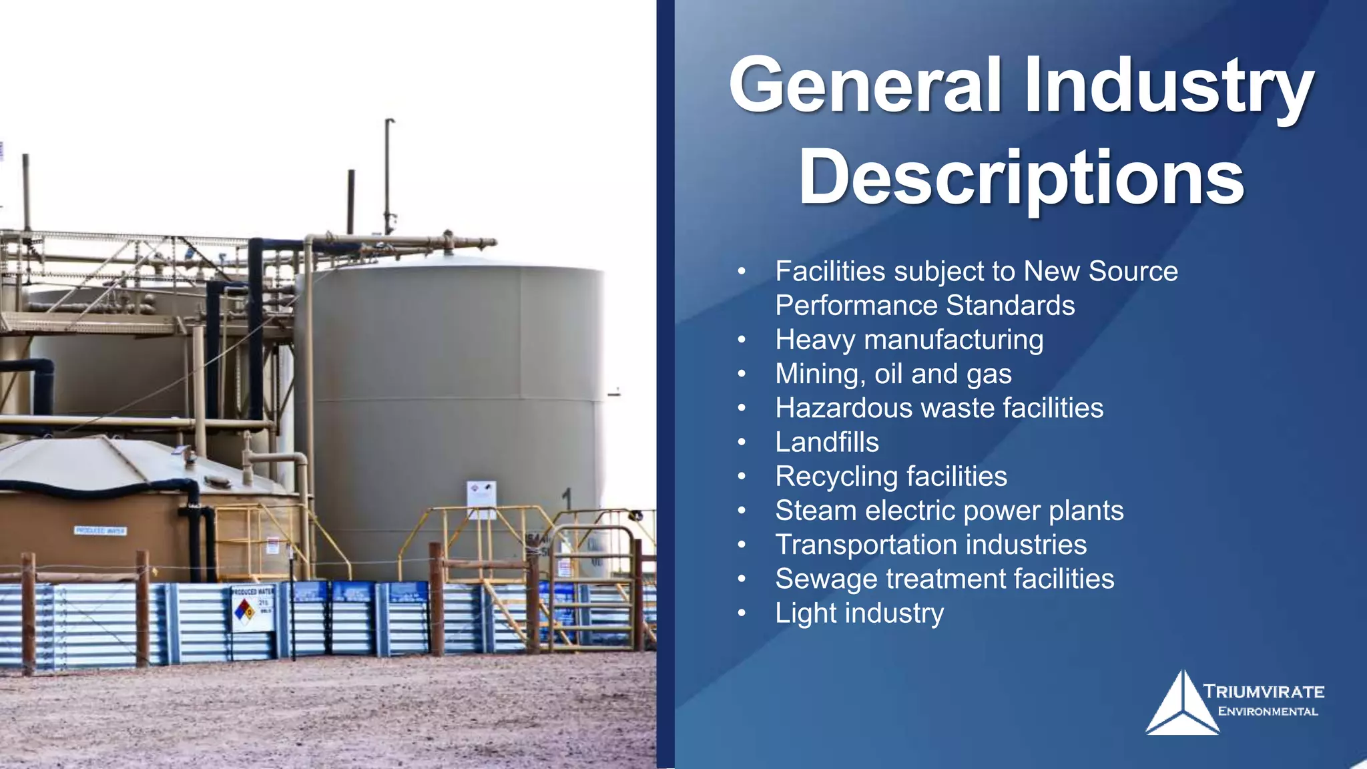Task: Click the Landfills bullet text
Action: click(x=827, y=442)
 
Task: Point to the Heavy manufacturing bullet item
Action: click(x=909, y=340)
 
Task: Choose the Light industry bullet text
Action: click(x=859, y=613)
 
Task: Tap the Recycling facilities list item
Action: click(x=891, y=477)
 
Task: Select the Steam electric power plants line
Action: click(x=949, y=511)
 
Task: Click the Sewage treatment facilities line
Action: click(x=944, y=579)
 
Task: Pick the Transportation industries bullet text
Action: click(x=930, y=545)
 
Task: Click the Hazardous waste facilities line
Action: click(x=939, y=408)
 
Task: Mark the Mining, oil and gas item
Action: click(x=893, y=374)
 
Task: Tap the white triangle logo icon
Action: click(x=1182, y=706)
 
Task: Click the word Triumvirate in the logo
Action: click(x=1264, y=692)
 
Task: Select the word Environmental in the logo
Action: click(x=1268, y=712)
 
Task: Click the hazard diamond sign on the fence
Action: click(x=245, y=609)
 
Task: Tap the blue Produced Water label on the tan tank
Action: click(x=100, y=531)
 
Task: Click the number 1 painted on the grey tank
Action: click(x=567, y=499)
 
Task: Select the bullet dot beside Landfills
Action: click(x=742, y=442)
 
